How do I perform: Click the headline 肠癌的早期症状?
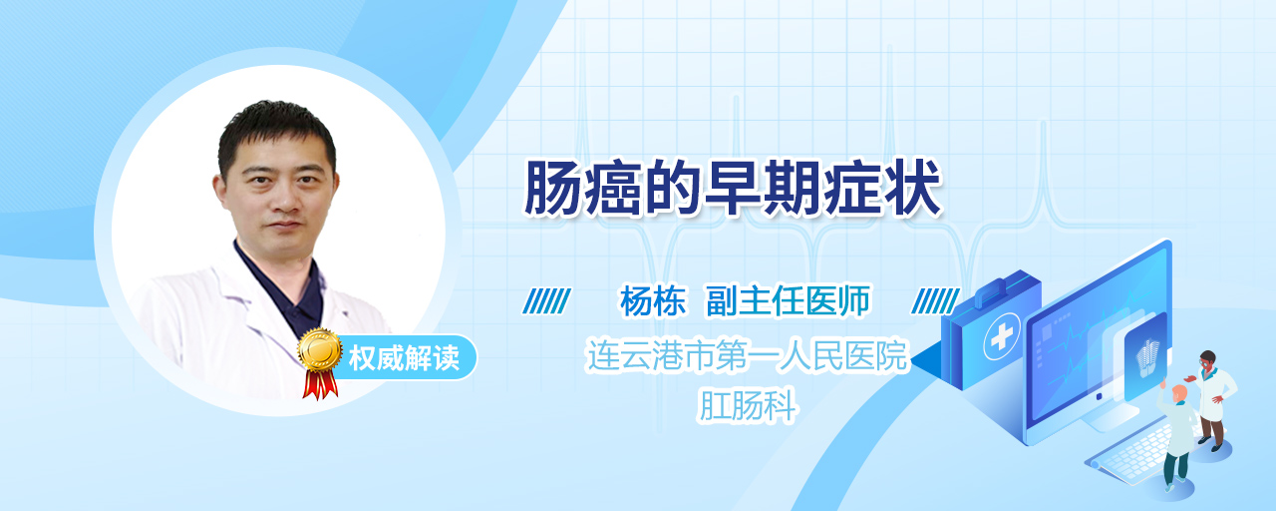(733, 189)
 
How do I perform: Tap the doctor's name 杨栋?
(653, 301)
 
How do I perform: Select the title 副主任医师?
(788, 301)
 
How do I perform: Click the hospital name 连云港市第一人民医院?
(747, 355)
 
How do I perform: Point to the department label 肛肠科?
(747, 405)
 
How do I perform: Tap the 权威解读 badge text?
(404, 358)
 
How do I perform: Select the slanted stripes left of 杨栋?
(547, 301)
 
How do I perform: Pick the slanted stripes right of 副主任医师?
(935, 301)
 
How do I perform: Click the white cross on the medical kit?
(1002, 337)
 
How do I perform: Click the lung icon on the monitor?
(1147, 357)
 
